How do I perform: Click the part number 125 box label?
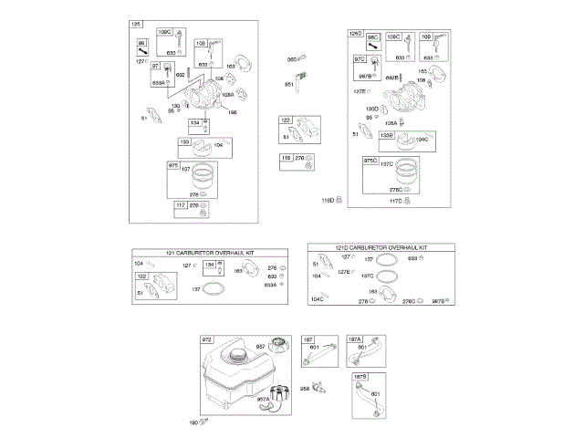pos(137,24)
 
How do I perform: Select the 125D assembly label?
pos(356,34)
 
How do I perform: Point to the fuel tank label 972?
pos(206,339)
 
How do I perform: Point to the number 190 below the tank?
pos(193,422)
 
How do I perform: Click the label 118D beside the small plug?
pos(326,200)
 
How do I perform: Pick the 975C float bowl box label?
pos(370,160)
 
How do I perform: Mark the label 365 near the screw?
pos(292,59)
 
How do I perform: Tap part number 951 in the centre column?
pos(289,85)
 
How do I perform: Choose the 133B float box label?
pos(387,135)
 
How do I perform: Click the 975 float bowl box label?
pos(173,165)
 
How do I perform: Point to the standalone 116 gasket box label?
pos(286,159)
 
